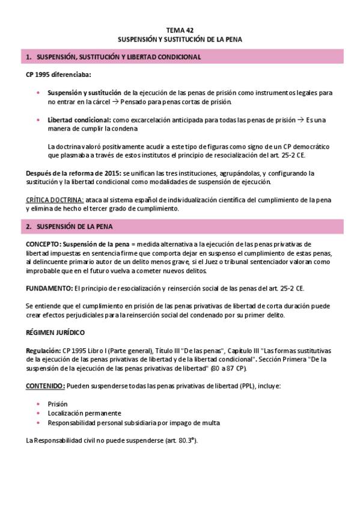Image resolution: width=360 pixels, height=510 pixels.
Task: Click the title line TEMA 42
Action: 180,29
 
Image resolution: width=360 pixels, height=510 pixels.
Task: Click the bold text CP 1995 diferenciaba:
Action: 50,75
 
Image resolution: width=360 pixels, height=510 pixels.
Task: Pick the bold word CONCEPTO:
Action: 44,244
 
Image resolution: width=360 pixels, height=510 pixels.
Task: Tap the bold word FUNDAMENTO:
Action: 49,289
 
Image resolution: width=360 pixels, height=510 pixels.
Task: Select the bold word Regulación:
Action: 43,350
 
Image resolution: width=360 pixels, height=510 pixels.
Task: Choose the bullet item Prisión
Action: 58,404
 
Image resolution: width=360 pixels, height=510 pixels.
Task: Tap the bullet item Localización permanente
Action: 85,413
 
